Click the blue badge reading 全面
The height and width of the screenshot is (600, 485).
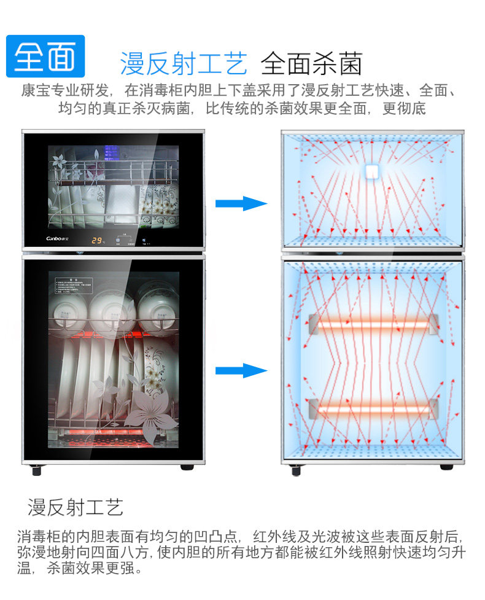45,56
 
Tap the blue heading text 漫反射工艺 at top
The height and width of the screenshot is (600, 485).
184,63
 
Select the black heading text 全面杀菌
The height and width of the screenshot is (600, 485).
311,63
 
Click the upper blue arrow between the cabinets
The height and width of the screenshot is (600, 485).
241,203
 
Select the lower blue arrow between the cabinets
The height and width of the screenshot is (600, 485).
241,370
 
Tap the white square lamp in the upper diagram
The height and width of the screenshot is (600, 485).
373,172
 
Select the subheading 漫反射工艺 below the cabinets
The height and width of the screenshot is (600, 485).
76,507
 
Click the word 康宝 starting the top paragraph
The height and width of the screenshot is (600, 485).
33,91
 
